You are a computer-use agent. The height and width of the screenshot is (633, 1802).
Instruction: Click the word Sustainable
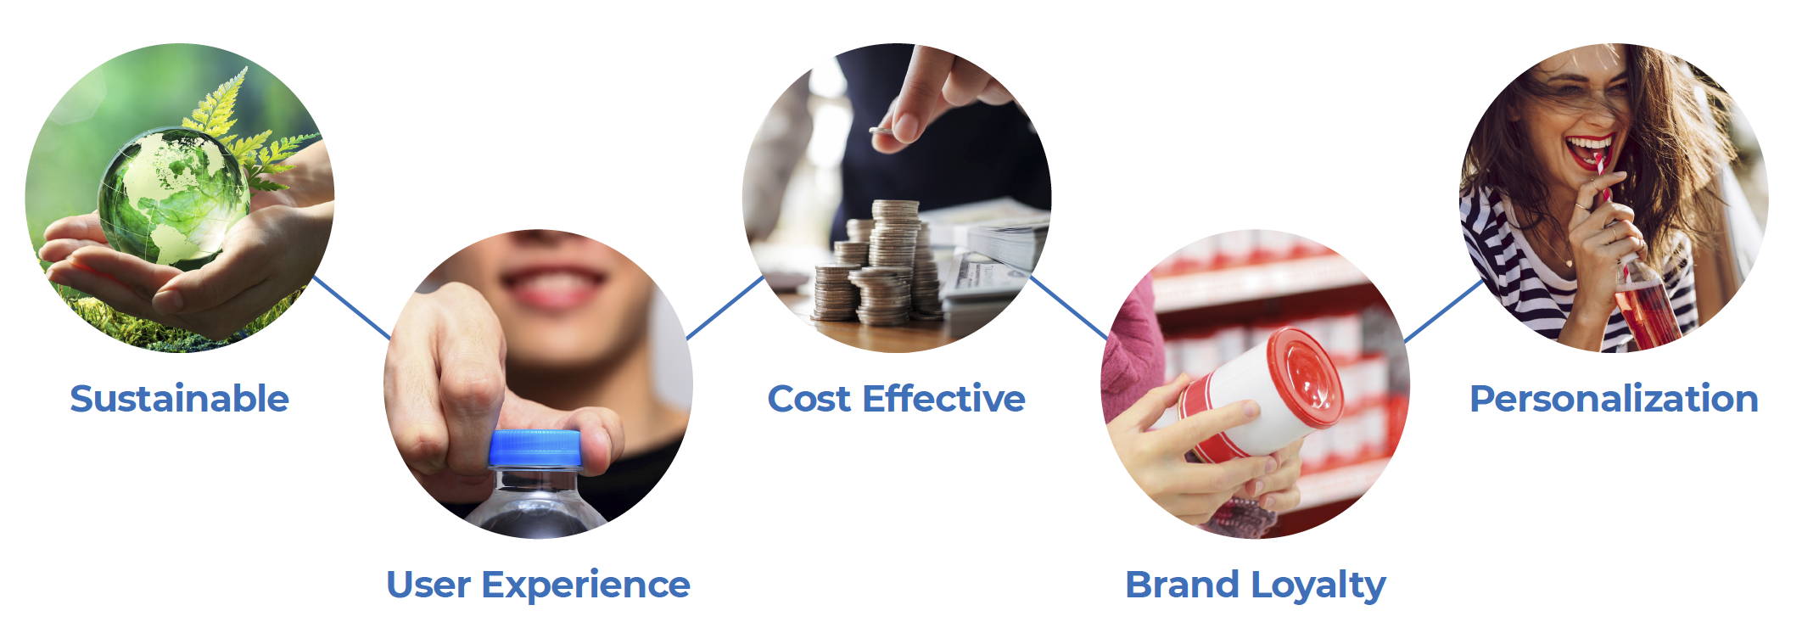pyautogui.click(x=180, y=399)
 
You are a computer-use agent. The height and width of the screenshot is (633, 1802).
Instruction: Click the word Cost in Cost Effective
pyautogui.click(x=809, y=399)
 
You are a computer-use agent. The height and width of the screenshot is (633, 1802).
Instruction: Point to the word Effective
pyautogui.click(x=944, y=398)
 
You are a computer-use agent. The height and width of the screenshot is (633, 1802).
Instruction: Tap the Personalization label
pyautogui.click(x=1614, y=399)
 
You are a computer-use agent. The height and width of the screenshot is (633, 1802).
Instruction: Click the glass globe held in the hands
pyautogui.click(x=175, y=197)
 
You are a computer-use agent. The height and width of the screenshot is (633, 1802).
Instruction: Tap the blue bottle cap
pyautogui.click(x=535, y=448)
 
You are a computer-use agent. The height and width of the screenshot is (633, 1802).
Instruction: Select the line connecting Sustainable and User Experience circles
pyautogui.click(x=352, y=307)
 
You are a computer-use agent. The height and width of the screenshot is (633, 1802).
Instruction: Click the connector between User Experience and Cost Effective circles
pyautogui.click(x=725, y=307)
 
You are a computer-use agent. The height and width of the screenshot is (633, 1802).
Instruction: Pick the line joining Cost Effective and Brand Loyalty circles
pyautogui.click(x=1069, y=307)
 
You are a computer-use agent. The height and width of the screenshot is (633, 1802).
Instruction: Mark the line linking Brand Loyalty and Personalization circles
pyautogui.click(x=1443, y=311)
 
